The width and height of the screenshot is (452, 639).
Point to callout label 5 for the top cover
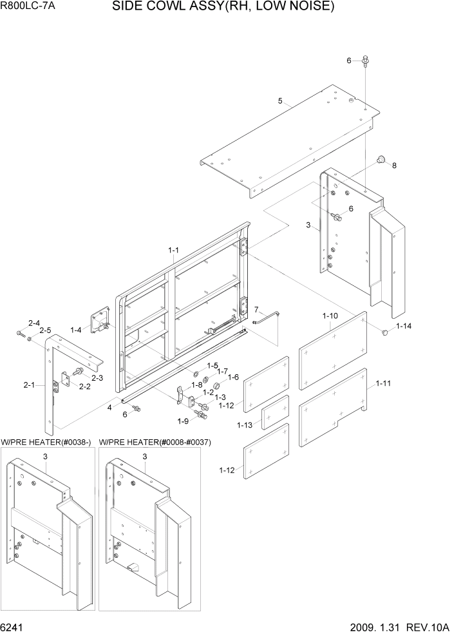(281, 100)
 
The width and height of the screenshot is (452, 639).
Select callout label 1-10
(330, 316)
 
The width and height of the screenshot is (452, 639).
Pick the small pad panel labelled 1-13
(275, 411)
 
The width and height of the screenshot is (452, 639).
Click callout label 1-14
(404, 327)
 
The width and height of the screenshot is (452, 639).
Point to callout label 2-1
(29, 385)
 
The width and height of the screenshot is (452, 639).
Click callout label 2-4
(33, 323)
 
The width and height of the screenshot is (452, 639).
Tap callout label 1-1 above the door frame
(173, 250)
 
